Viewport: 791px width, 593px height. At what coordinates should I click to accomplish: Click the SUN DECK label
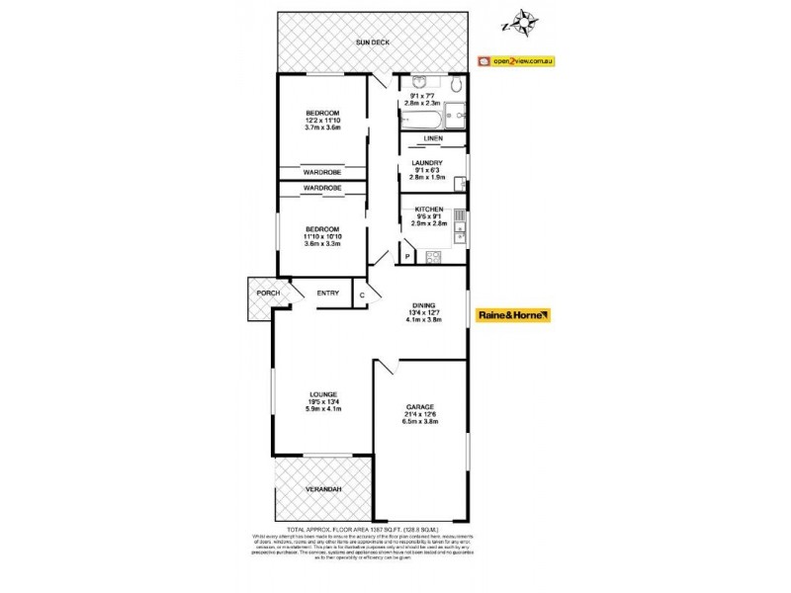pos(372,44)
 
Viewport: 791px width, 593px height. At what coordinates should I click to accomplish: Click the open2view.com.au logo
pos(515,60)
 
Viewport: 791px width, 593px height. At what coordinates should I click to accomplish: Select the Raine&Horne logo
pos(512,314)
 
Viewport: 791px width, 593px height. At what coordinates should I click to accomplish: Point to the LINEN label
pos(433,139)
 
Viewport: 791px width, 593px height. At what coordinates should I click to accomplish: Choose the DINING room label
pos(422,305)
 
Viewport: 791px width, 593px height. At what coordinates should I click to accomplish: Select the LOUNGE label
pos(322,393)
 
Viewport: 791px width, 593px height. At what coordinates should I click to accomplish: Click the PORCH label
pos(265,294)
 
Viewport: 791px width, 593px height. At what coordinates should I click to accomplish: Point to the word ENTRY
pos(328,294)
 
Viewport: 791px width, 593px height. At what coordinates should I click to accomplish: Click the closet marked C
pos(363,295)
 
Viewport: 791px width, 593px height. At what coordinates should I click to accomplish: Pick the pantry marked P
pos(406,257)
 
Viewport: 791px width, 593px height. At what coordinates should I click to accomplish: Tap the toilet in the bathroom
pos(454,87)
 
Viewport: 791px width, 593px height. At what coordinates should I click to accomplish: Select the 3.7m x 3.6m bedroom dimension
pos(322,127)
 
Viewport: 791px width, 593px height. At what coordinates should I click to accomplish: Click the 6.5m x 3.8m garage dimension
pos(421,422)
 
